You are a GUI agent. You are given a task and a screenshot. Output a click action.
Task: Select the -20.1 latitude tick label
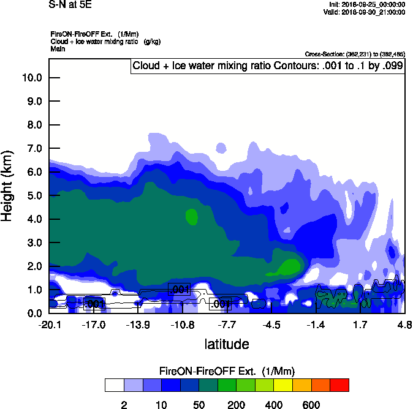tap(49, 324)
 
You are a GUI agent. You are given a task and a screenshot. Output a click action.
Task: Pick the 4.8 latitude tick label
tap(404, 324)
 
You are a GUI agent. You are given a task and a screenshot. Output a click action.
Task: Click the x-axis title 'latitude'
tap(227, 344)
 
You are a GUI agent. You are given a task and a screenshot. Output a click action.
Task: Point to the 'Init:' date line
tap(367, 4)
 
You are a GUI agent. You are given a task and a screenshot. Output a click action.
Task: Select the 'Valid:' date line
tap(366, 12)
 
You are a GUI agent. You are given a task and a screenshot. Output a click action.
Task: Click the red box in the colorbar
tap(339, 385)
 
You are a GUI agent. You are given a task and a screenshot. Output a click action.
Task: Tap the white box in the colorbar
tap(114, 385)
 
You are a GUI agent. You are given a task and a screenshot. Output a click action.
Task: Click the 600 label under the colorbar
tap(311, 405)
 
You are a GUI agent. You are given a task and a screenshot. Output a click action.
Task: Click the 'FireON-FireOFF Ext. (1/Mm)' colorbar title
tap(227, 372)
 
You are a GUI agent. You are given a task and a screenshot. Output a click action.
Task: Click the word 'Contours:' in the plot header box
tap(267, 66)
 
